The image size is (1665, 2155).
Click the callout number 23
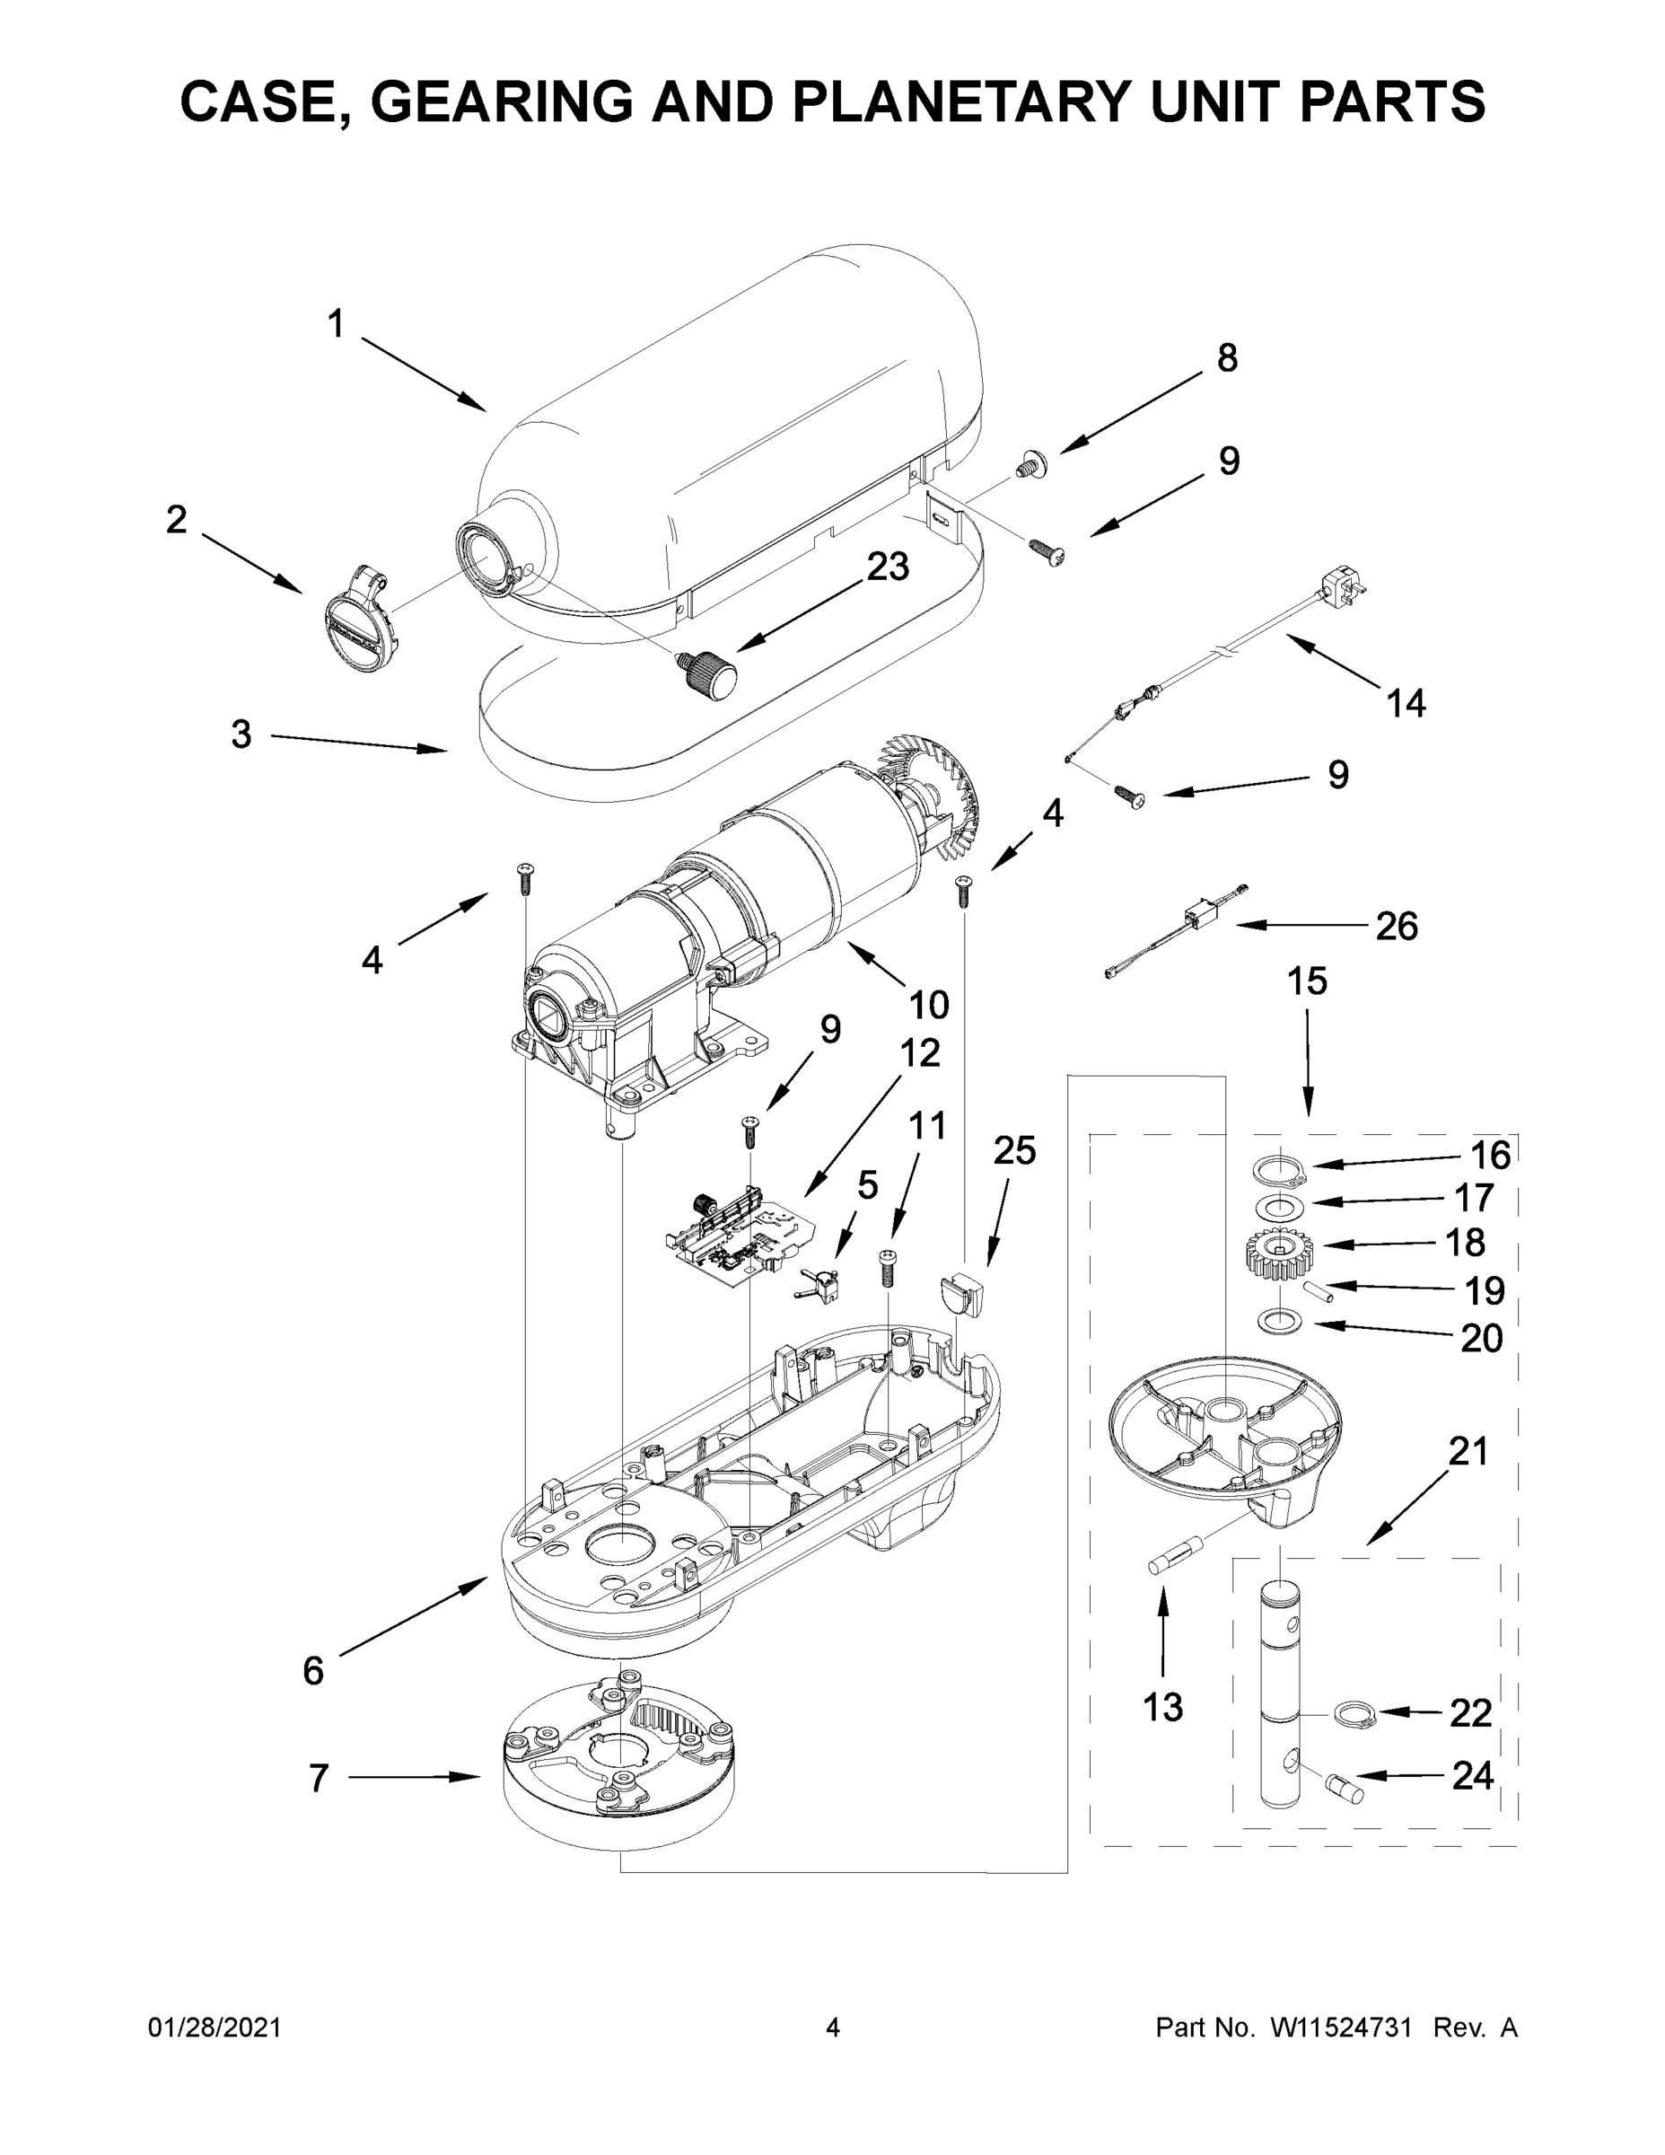887,567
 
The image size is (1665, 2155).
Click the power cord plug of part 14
1345,588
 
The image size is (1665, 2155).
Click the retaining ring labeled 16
1279,1171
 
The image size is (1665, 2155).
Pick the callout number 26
1396,926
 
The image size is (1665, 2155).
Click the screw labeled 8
1030,460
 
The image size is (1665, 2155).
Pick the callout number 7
318,1779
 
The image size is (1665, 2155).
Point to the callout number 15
1307,981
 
